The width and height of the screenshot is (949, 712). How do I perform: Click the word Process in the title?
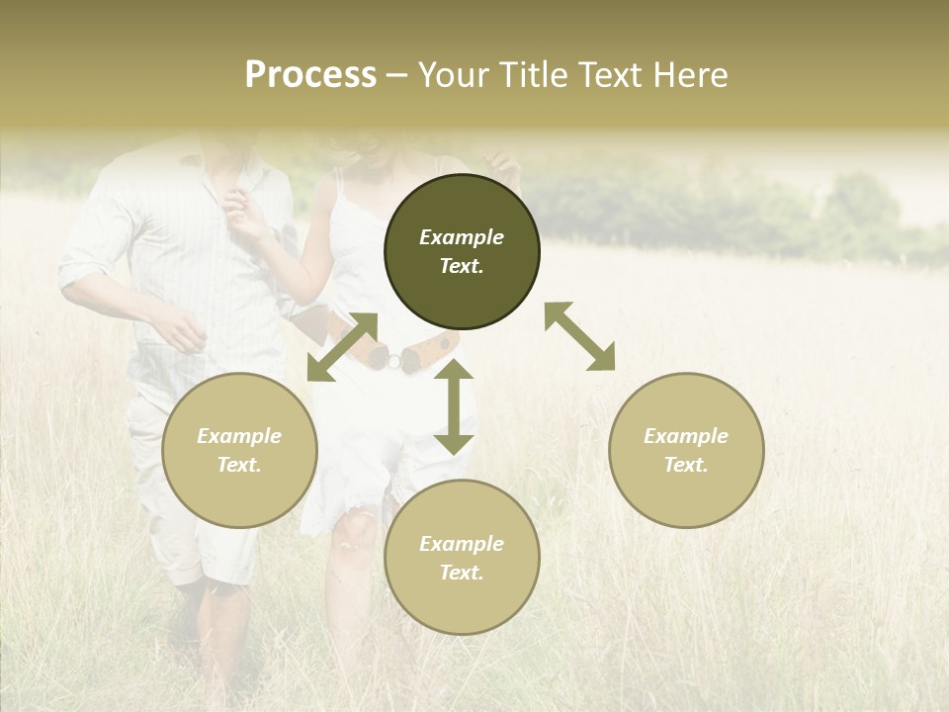(x=310, y=75)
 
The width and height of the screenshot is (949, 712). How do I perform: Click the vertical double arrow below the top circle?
(x=454, y=407)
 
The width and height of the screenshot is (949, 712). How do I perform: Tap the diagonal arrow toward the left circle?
(x=342, y=347)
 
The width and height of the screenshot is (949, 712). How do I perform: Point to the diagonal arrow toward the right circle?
(x=579, y=336)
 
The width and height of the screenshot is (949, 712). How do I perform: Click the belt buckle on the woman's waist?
(x=392, y=360)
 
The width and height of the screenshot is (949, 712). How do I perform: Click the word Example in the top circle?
(x=462, y=237)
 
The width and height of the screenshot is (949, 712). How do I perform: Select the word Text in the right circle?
(x=686, y=465)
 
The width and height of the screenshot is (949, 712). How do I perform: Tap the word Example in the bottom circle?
(x=462, y=544)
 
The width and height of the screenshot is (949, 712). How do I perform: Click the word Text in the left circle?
(x=239, y=465)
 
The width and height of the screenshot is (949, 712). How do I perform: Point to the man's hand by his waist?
(x=183, y=331)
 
